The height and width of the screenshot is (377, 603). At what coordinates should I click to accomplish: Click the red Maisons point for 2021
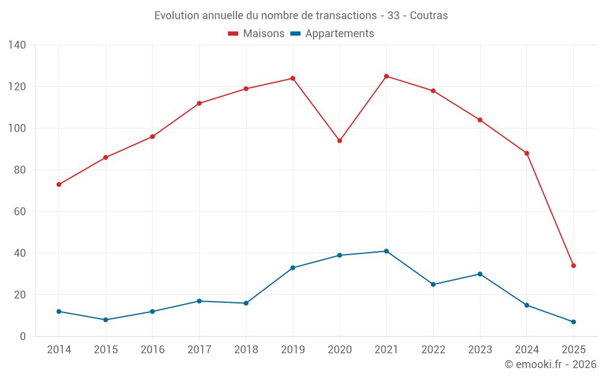(387, 76)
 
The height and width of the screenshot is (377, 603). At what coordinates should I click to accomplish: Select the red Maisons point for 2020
(339, 141)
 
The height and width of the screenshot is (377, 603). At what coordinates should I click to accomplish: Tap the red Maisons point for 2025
(573, 265)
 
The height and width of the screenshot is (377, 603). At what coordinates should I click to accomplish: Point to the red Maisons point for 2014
(58, 185)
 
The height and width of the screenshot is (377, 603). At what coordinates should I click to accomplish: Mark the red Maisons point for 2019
(292, 78)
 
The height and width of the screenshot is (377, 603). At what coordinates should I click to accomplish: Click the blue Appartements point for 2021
(387, 251)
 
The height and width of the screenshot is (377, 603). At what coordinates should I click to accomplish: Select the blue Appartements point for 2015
(106, 320)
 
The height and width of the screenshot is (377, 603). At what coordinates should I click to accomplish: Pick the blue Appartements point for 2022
(433, 284)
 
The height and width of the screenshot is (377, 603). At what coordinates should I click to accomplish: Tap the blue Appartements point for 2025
(573, 322)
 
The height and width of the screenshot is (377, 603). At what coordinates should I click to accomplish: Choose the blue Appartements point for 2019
(292, 268)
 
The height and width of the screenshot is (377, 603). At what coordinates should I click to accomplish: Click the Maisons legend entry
(256, 34)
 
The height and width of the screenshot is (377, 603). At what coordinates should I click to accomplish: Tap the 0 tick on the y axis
(23, 337)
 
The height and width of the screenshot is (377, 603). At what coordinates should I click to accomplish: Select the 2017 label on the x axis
(199, 350)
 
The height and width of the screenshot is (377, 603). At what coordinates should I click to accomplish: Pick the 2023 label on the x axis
(480, 350)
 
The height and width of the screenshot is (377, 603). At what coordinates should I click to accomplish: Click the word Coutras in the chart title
(429, 16)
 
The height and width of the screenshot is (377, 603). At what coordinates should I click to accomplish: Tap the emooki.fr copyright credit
(551, 364)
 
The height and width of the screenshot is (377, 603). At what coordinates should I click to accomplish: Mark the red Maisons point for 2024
(526, 153)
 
